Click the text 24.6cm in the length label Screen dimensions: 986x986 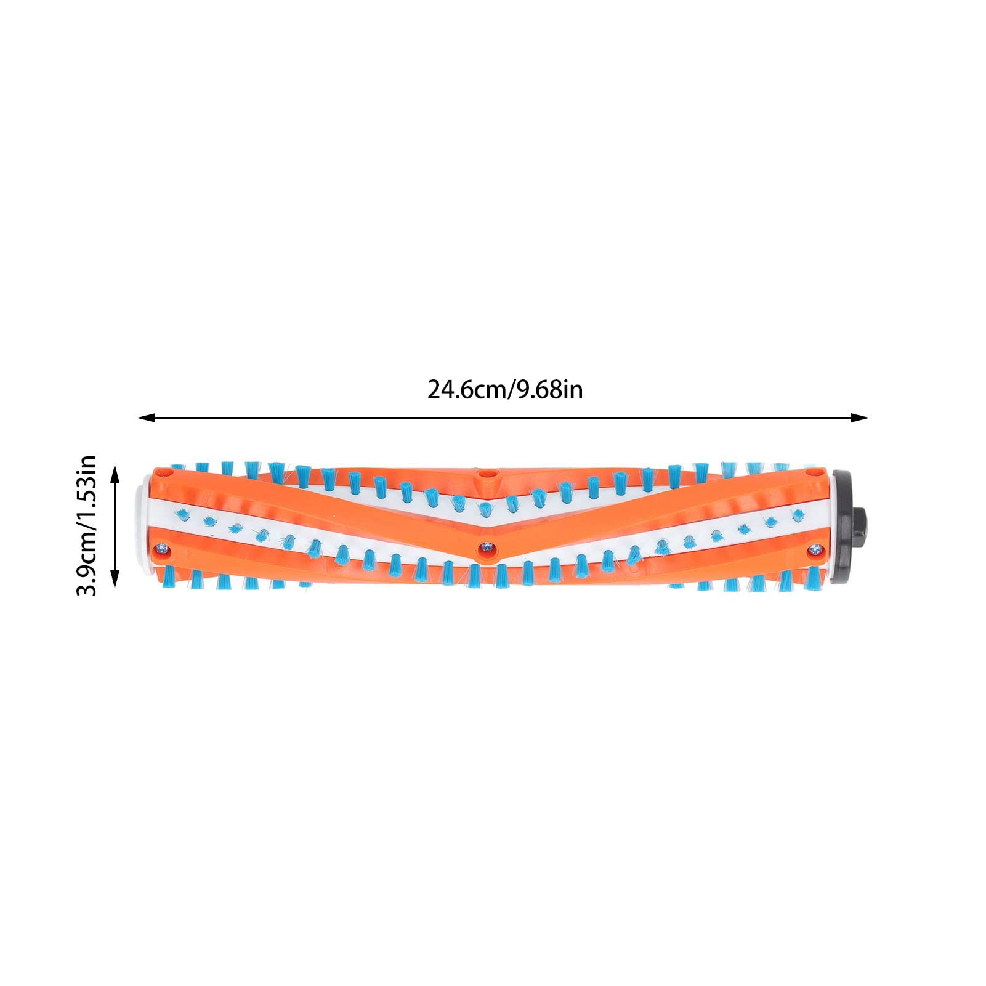click(466, 390)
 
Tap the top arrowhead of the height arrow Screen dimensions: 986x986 click(114, 473)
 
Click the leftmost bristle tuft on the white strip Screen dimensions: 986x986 click(180, 514)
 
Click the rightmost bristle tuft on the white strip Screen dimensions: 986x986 click(798, 514)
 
